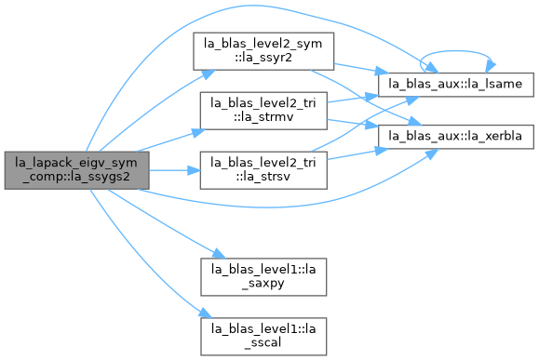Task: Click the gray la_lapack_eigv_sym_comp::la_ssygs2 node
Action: [x=76, y=170]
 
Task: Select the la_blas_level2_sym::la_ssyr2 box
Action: [x=263, y=51]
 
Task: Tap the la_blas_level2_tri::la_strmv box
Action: [x=263, y=111]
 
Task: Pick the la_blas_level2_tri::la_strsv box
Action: [x=263, y=170]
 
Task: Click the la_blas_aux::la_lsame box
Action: [x=456, y=85]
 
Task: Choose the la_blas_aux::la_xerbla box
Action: [x=456, y=137]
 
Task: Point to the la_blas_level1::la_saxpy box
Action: [x=263, y=277]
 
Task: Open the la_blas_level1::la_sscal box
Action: [x=263, y=337]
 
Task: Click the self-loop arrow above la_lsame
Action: [x=457, y=51]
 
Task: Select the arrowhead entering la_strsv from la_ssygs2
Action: [x=195, y=170]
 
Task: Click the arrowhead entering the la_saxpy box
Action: [x=220, y=254]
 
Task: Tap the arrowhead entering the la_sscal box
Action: [x=206, y=313]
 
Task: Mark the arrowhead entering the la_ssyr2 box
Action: [x=209, y=73]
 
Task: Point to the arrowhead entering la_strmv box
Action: [x=198, y=132]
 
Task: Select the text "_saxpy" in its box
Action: [x=263, y=284]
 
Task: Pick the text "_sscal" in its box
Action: [x=263, y=343]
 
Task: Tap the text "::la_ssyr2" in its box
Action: [x=263, y=58]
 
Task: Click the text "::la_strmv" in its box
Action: [x=263, y=117]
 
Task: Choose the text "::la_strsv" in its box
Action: [x=263, y=177]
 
